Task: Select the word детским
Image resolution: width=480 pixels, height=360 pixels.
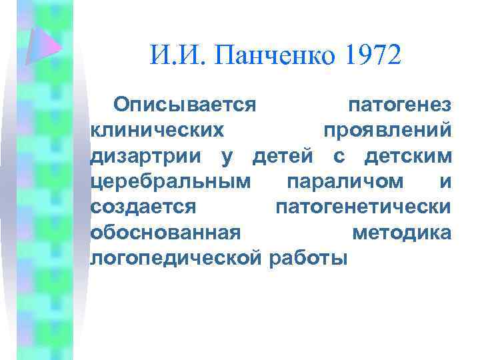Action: tap(408, 156)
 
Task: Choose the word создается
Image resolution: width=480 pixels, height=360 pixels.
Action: tap(143, 207)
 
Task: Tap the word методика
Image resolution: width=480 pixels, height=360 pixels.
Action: tap(401, 232)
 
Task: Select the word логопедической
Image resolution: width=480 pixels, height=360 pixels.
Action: tap(175, 257)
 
